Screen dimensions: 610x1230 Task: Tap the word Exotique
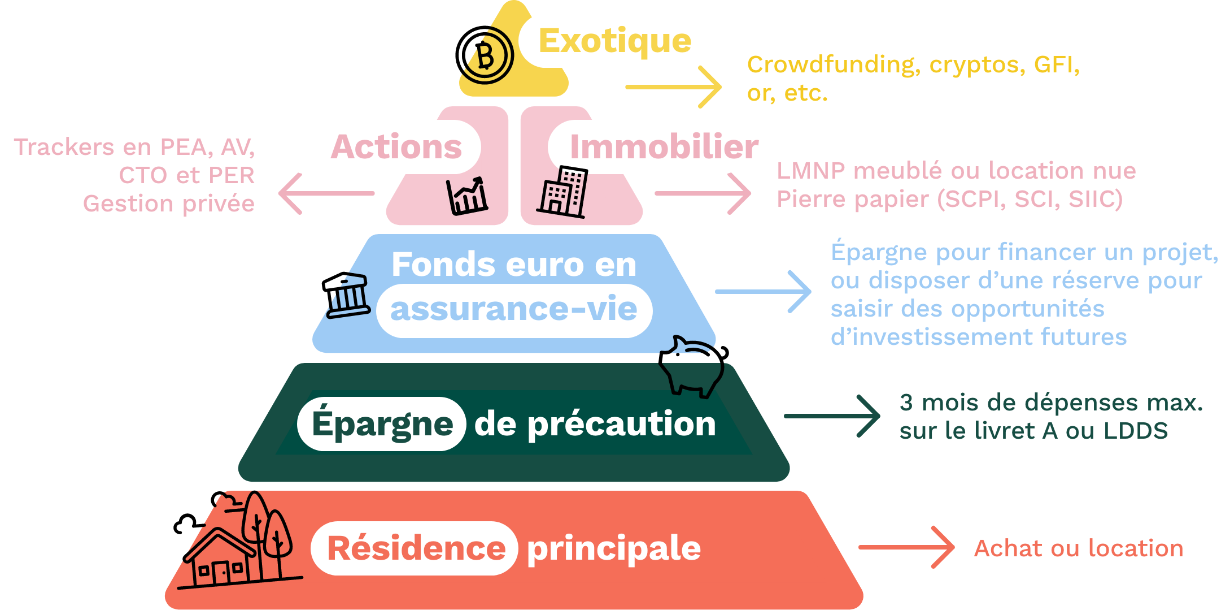[614, 41]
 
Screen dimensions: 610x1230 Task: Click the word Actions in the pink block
[396, 147]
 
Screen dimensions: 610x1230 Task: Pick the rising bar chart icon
[467, 196]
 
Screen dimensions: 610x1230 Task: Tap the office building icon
[564, 193]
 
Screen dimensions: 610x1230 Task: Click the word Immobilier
[664, 147]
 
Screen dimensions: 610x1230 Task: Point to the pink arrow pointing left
[326, 193]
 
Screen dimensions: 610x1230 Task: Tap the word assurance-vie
[513, 310]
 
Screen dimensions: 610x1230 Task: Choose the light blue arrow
[763, 292]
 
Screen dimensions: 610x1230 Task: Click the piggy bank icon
[692, 367]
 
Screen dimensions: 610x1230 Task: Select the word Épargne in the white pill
[382, 424]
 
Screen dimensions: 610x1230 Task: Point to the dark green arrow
[832, 416]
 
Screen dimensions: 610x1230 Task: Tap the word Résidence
[416, 548]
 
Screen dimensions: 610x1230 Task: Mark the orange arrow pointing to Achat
[906, 547]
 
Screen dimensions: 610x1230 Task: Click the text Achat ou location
[1078, 548]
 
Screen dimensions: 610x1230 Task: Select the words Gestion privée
[168, 204]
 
